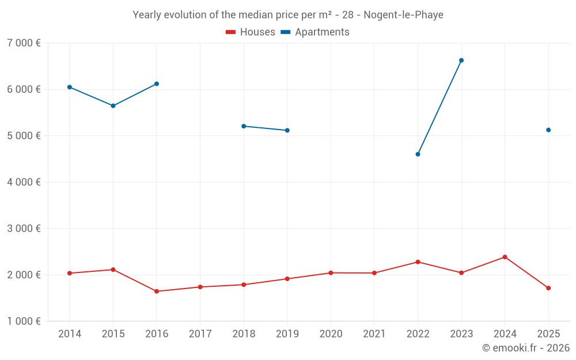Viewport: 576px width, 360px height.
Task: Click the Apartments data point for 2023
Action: pos(461,60)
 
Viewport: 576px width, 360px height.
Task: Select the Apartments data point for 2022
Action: pos(418,154)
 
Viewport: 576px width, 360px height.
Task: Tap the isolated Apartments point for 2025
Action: pos(548,130)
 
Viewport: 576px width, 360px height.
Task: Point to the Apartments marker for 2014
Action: pos(69,87)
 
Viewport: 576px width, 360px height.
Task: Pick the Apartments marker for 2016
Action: pos(157,84)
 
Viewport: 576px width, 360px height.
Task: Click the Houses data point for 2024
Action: pos(505,257)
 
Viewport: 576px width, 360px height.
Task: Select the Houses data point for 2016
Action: pos(157,291)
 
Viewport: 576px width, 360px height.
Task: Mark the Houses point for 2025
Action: pos(548,288)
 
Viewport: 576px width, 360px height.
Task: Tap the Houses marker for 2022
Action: pos(418,262)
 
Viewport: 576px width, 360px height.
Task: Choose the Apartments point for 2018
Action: pos(244,126)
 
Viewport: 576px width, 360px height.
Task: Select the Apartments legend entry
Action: pos(322,32)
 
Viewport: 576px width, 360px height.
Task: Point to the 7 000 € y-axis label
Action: pos(24,43)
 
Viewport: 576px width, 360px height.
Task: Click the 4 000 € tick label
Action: pos(24,182)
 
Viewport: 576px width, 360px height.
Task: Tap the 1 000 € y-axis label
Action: pos(24,321)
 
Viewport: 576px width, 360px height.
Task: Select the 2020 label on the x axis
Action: pos(331,334)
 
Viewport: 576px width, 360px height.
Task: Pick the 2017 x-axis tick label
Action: pos(200,334)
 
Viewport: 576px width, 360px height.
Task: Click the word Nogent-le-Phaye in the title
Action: pos(403,15)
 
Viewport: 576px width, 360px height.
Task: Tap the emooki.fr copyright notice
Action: pos(525,348)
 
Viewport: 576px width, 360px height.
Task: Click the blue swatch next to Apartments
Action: pos(286,32)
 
